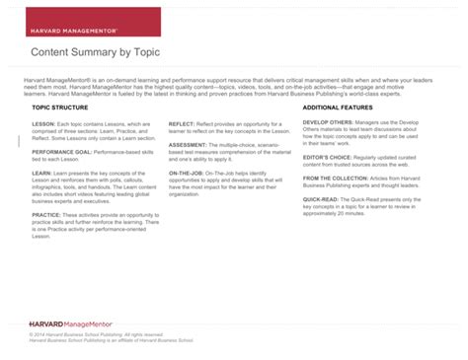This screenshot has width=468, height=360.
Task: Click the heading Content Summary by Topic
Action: pyautogui.click(x=95, y=51)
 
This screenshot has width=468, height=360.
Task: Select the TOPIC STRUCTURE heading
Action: pyautogui.click(x=60, y=107)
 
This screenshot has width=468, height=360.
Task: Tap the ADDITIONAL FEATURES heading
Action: pyautogui.click(x=338, y=107)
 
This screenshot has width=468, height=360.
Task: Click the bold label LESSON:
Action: pyautogui.click(x=43, y=124)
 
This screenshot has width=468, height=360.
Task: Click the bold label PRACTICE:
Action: pyautogui.click(x=46, y=213)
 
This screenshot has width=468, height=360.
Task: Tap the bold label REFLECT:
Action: pyautogui.click(x=183, y=124)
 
